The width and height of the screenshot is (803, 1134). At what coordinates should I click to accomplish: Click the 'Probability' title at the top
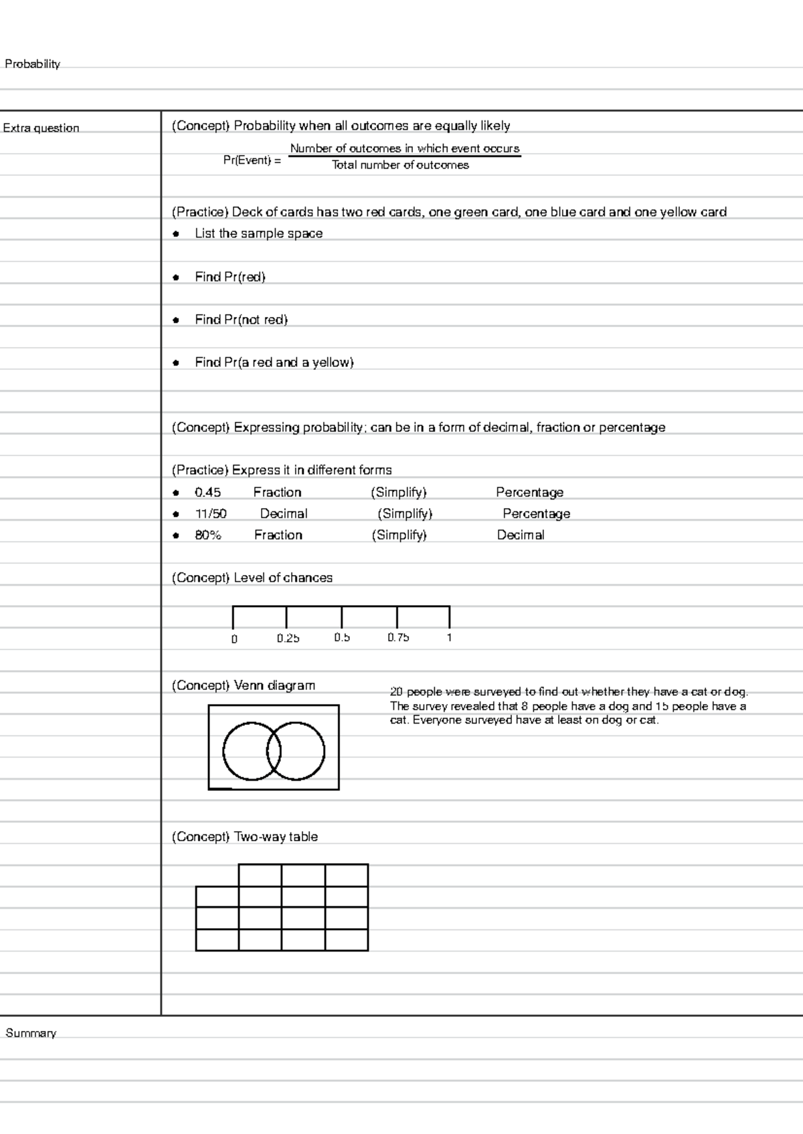[x=32, y=64]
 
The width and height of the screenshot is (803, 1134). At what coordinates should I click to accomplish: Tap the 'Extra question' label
[x=41, y=128]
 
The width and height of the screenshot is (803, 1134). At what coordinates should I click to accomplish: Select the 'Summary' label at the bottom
[x=31, y=1033]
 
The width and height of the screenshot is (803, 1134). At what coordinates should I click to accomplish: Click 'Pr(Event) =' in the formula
[x=252, y=160]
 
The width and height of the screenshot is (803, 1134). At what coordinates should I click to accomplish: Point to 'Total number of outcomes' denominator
[x=400, y=165]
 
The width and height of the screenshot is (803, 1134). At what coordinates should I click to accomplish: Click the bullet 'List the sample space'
[x=258, y=233]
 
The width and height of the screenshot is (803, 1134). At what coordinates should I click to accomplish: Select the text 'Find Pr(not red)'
[x=241, y=320]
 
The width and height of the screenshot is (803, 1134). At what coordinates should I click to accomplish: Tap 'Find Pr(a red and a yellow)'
[x=274, y=362]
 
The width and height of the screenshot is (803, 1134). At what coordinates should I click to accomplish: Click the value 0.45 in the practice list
[x=207, y=492]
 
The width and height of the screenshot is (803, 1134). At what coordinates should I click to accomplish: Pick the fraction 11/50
[x=211, y=514]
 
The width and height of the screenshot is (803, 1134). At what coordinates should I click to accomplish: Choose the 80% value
[x=207, y=535]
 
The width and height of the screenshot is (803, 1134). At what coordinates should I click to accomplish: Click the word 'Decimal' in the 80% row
[x=520, y=535]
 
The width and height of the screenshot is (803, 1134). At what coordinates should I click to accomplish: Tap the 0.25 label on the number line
[x=288, y=638]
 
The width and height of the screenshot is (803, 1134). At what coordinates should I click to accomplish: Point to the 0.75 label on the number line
[x=398, y=638]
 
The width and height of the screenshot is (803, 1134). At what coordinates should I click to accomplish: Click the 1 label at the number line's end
[x=449, y=638]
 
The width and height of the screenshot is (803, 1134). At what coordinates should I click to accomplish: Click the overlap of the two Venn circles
[x=274, y=751]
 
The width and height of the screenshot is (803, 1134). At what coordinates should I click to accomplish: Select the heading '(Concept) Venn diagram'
[x=243, y=685]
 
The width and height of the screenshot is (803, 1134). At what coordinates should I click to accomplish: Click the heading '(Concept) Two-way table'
[x=244, y=836]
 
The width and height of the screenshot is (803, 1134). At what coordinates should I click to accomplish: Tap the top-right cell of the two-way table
[x=346, y=875]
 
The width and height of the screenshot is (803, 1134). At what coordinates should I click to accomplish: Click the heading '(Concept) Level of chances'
[x=252, y=578]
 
